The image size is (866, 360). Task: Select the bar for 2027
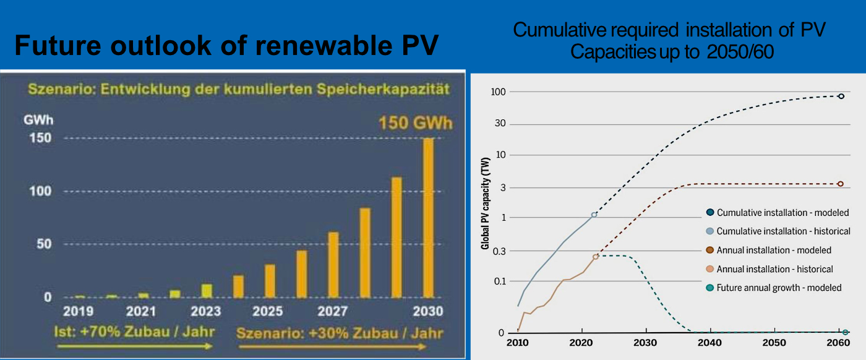[333, 265]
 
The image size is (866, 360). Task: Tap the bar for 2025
[270, 281]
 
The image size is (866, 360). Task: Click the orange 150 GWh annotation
[415, 122]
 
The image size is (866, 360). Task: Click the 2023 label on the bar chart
[206, 311]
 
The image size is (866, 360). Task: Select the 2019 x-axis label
[79, 311]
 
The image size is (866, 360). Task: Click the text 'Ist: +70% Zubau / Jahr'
[134, 332]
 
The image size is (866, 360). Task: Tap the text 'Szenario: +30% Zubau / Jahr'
[340, 333]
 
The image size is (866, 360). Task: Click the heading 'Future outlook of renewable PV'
[226, 45]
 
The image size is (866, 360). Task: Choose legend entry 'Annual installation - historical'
[774, 269]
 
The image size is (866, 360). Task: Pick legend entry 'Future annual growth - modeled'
[779, 288]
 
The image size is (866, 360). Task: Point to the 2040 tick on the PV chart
[710, 343]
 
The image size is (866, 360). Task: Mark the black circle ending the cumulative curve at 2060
[841, 96]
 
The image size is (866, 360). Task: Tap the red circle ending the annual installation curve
[841, 184]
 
